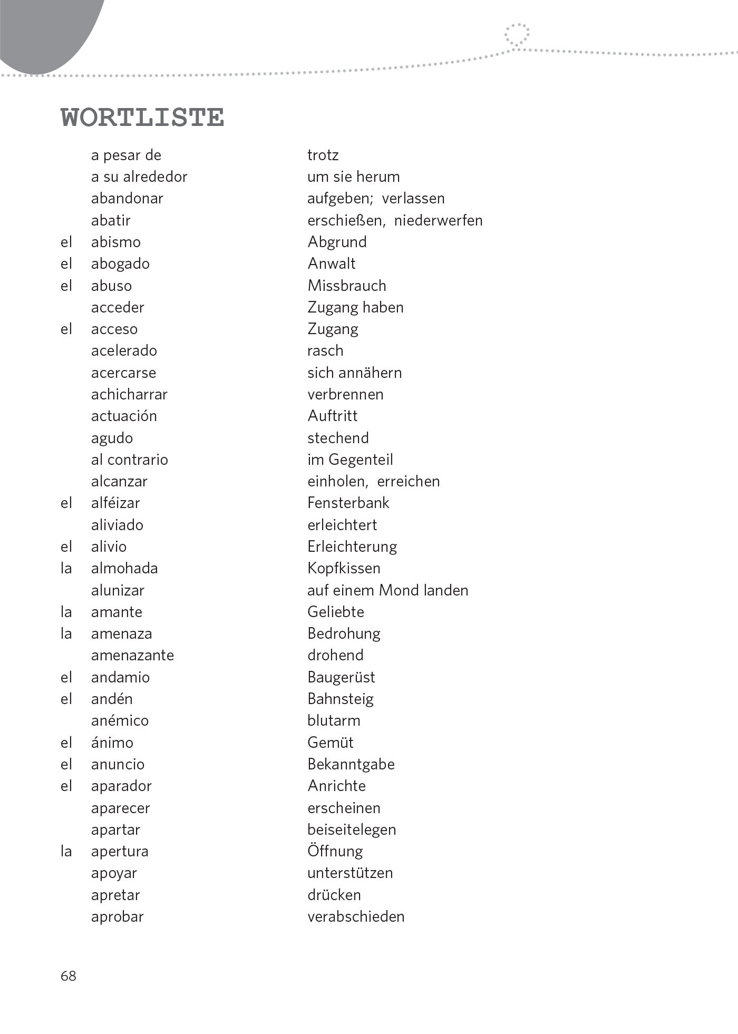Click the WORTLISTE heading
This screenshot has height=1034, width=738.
pyautogui.click(x=142, y=117)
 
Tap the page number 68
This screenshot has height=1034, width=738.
pyautogui.click(x=69, y=976)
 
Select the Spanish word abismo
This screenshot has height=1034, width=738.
pyautogui.click(x=115, y=242)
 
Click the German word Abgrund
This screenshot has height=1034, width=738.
pyautogui.click(x=337, y=242)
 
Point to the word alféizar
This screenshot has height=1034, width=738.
pyautogui.click(x=115, y=503)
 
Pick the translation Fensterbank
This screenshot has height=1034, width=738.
pyautogui.click(x=348, y=503)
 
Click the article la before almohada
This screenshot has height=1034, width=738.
pyautogui.click(x=66, y=568)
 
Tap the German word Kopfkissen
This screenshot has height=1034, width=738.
pyautogui.click(x=344, y=568)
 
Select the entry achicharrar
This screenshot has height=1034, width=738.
pyautogui.click(x=129, y=394)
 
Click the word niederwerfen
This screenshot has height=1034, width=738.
pyautogui.click(x=438, y=220)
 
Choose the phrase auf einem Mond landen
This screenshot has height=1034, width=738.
pyautogui.click(x=387, y=590)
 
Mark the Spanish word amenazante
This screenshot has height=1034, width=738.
pyautogui.click(x=132, y=655)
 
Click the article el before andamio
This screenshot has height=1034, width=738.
pyautogui.click(x=66, y=677)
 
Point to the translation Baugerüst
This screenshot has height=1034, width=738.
pyautogui.click(x=341, y=677)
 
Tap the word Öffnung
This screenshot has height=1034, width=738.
pyautogui.click(x=335, y=851)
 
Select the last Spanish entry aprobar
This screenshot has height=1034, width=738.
pyautogui.click(x=117, y=917)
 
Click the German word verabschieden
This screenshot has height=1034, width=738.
pyautogui.click(x=356, y=917)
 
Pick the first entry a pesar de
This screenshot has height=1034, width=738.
pyautogui.click(x=126, y=155)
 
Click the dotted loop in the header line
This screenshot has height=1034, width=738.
pyautogui.click(x=517, y=35)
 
